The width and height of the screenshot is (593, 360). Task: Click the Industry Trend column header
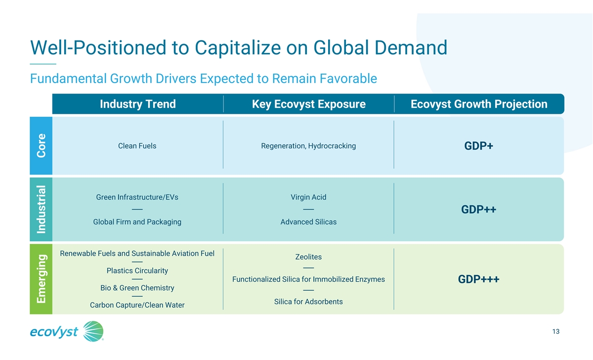(x=138, y=104)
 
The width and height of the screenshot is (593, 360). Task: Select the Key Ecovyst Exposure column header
(x=309, y=104)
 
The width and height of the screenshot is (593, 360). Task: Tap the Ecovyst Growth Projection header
(x=479, y=104)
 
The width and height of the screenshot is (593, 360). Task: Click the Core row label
(x=42, y=146)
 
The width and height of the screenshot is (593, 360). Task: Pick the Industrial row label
(x=42, y=209)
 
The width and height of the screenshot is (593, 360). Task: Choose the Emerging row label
(x=42, y=279)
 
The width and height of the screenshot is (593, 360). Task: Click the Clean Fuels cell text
(x=137, y=146)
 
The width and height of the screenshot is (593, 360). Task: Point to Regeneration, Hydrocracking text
(x=308, y=146)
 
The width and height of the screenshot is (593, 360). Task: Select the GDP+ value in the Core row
(x=479, y=146)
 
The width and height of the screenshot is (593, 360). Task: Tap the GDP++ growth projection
(x=479, y=210)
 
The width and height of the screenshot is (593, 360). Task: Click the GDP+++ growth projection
(x=479, y=279)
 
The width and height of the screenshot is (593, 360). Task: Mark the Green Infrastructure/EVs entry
(x=137, y=197)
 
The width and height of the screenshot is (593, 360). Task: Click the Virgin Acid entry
(x=308, y=197)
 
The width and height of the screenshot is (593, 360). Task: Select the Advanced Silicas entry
(x=308, y=222)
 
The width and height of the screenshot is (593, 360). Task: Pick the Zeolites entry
(x=308, y=257)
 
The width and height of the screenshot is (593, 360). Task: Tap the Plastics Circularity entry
(x=137, y=270)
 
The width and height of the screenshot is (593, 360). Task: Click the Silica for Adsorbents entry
(x=308, y=302)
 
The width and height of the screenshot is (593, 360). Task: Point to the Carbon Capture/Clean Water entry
(x=137, y=305)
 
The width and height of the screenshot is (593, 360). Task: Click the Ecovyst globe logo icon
(x=93, y=331)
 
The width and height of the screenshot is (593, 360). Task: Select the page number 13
(x=556, y=332)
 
